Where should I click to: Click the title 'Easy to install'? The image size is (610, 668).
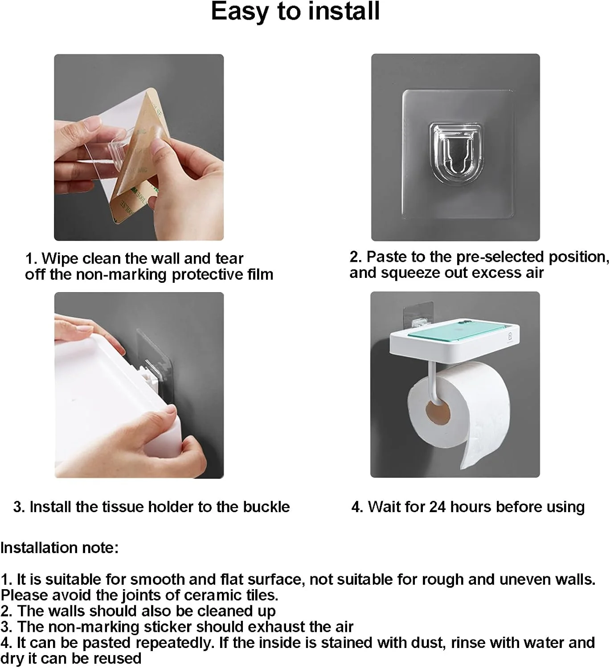pyautogui.click(x=295, y=12)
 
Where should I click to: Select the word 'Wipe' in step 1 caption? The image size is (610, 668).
pyautogui.click(x=60, y=258)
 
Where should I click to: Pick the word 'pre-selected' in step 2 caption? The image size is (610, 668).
pyautogui.click(x=500, y=257)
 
